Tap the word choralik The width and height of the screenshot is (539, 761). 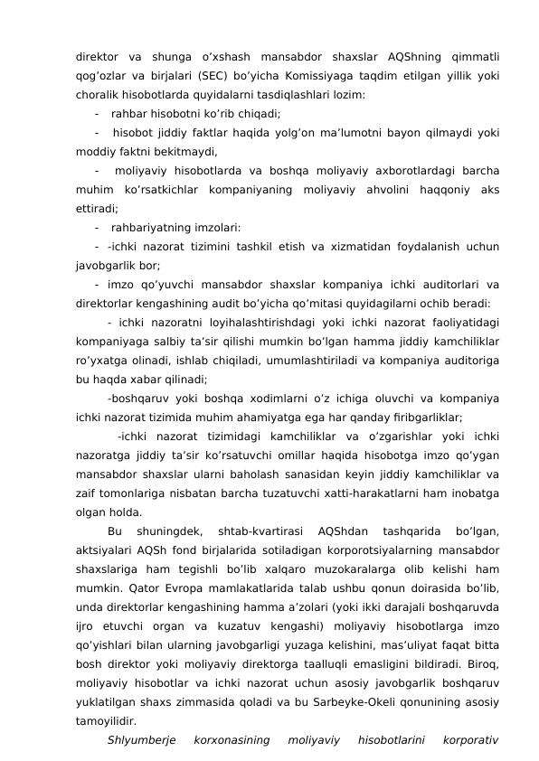pyautogui.click(x=98, y=95)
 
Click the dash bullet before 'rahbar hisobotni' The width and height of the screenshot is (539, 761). pyautogui.click(x=96, y=114)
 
